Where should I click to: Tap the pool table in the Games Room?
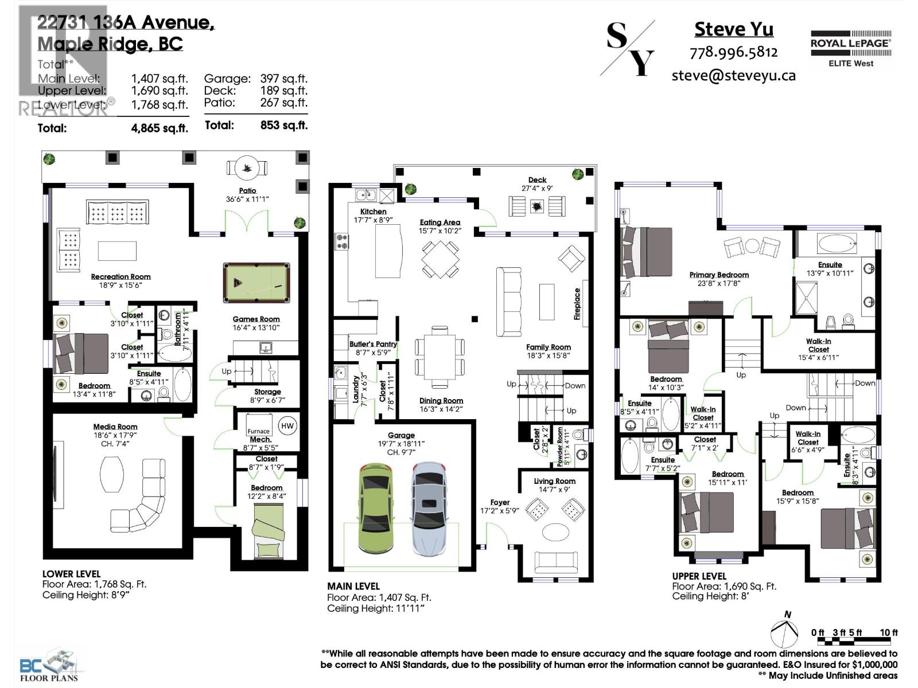[256, 283]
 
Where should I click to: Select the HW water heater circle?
[287, 425]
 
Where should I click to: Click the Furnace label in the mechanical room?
[258, 431]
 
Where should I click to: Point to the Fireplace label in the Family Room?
[578, 303]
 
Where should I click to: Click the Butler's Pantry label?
[373, 344]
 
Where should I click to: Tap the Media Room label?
[115, 427]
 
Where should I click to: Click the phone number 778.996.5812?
[733, 52]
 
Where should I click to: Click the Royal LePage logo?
[850, 49]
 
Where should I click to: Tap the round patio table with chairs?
[247, 168]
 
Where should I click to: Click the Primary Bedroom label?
[719, 275]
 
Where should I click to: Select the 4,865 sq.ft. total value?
[160, 128]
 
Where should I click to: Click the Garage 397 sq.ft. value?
[283, 79]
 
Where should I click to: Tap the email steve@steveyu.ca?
[733, 75]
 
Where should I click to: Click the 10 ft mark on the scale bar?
[889, 632]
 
